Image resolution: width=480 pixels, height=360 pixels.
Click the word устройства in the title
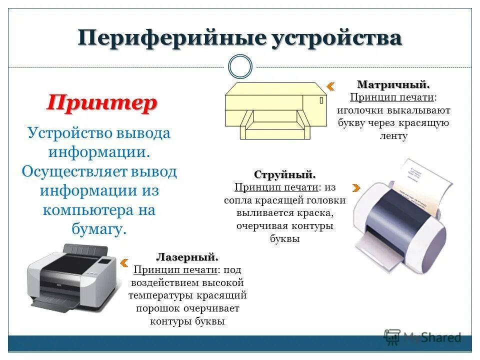pos(337,38)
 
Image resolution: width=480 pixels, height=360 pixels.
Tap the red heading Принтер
pos(102,103)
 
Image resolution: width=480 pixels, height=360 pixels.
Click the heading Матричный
pos(393,84)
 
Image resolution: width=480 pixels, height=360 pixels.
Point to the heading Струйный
pos(285,175)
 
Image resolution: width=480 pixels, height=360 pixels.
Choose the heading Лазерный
pos(187,257)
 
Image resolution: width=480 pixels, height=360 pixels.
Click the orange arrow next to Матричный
pos(330,86)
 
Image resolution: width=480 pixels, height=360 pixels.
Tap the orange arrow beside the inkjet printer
pos(356,188)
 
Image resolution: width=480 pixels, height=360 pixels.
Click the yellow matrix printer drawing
pos(275,110)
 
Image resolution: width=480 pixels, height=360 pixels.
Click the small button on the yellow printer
pos(320,100)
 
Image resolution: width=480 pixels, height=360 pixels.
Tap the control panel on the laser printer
pos(106,260)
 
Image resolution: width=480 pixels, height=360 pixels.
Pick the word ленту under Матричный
pos(393,136)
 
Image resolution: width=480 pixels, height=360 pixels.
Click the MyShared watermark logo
pos(422,337)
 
